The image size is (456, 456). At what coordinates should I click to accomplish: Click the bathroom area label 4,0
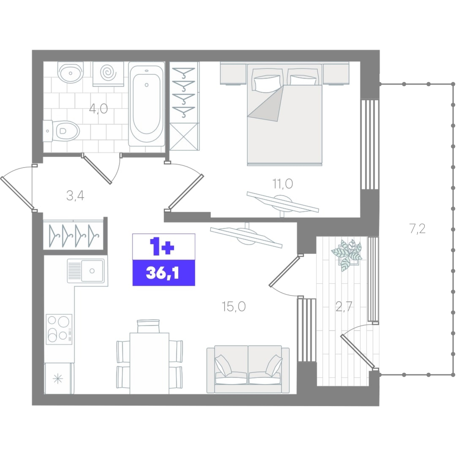coord(98,109)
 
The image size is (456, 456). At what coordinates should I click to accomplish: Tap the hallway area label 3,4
coord(75,195)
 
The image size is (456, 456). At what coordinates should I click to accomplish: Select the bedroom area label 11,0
coord(282,184)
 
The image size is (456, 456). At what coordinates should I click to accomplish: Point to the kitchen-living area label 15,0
coord(233,307)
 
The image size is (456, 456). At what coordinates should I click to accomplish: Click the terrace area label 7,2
coord(417,229)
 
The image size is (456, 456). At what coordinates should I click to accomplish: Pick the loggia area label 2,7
coord(344,307)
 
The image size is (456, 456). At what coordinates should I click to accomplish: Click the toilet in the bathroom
coord(61,131)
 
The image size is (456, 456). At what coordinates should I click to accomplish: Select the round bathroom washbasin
coord(71,72)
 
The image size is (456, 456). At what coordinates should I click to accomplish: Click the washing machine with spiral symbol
coord(108,74)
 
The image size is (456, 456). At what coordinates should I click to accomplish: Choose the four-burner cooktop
coord(59,329)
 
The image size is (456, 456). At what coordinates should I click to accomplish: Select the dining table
coord(149,363)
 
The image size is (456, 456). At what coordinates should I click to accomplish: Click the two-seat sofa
coord(248,369)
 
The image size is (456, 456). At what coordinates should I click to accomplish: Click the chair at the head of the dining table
coord(148,326)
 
